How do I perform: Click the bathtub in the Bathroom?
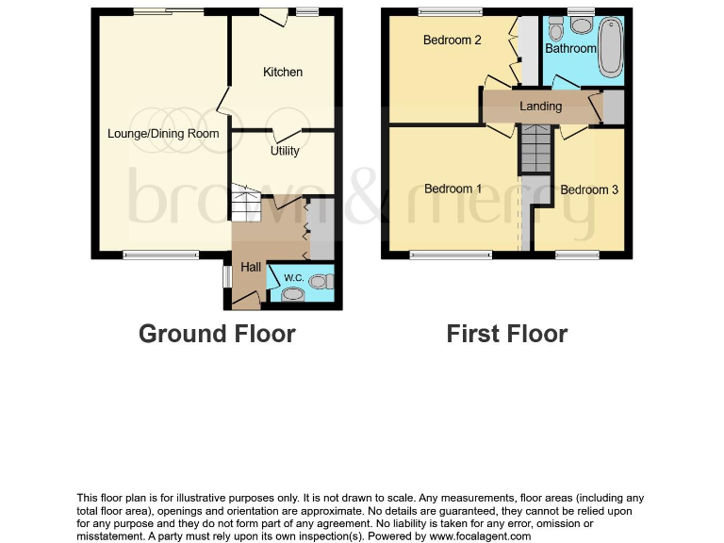(610, 45)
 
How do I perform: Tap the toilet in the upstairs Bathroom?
(555, 25)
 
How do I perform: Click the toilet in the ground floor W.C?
(322, 280)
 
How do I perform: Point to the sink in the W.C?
(293, 295)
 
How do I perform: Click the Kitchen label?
(283, 73)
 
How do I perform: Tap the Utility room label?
(284, 151)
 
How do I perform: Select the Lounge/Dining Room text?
(163, 134)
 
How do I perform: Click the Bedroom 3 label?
(589, 189)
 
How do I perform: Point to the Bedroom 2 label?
(452, 41)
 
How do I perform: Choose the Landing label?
(540, 107)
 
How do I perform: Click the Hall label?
(250, 268)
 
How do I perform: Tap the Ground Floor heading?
(217, 334)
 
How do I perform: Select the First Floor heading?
(507, 334)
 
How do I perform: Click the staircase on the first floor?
(535, 151)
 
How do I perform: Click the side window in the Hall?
(227, 275)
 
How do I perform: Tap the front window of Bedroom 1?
(451, 254)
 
